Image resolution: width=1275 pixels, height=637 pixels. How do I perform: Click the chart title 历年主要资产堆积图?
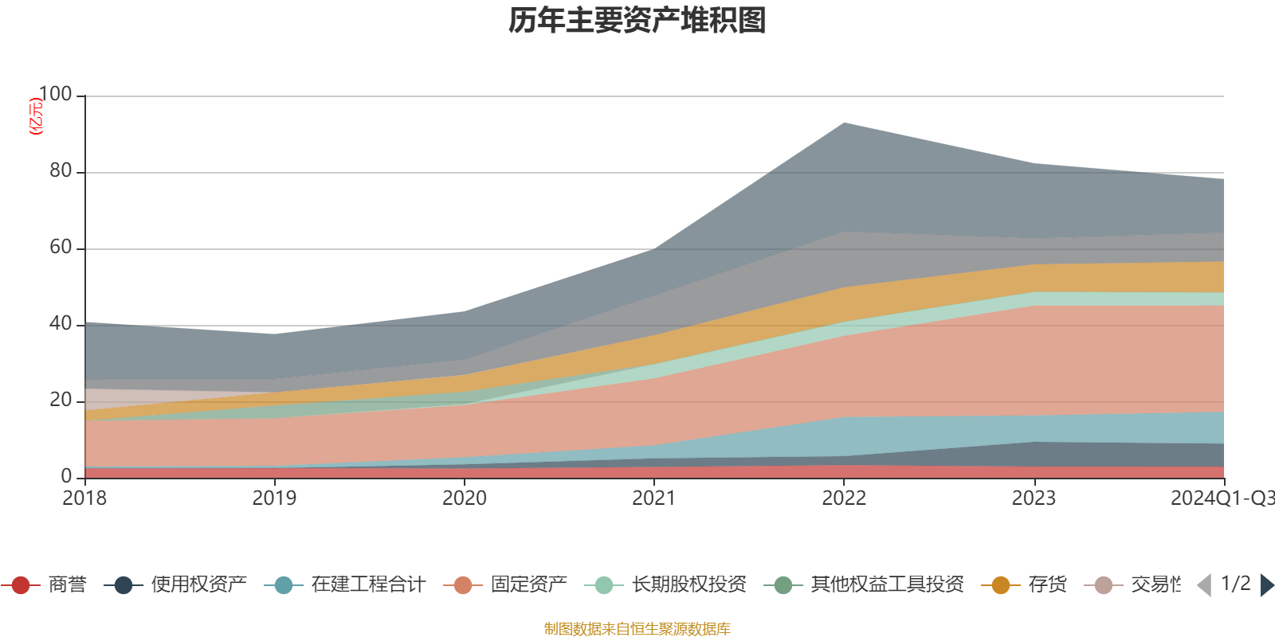coord(637,21)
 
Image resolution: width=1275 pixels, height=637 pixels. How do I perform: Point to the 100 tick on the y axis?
coord(55,95)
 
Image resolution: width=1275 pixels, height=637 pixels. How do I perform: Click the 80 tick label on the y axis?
coord(61,171)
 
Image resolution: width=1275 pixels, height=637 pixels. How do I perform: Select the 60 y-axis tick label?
coord(61,248)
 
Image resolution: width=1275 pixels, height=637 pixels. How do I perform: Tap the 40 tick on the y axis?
coord(61,324)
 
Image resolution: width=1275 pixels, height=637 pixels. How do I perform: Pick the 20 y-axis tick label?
coord(61,401)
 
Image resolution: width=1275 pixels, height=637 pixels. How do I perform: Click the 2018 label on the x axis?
coord(84,498)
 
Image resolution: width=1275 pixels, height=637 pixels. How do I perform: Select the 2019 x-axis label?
coord(274,498)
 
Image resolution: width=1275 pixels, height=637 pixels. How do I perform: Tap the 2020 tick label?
coord(464,498)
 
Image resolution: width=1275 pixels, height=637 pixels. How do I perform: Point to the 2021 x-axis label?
coord(653,498)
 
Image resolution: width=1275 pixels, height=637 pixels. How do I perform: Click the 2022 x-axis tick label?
coord(844,498)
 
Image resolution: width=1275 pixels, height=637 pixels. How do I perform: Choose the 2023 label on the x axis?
coord(1034,498)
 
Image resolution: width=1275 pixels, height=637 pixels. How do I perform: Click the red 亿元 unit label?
coord(36,116)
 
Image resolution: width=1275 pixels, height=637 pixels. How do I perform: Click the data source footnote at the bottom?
coord(637,629)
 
